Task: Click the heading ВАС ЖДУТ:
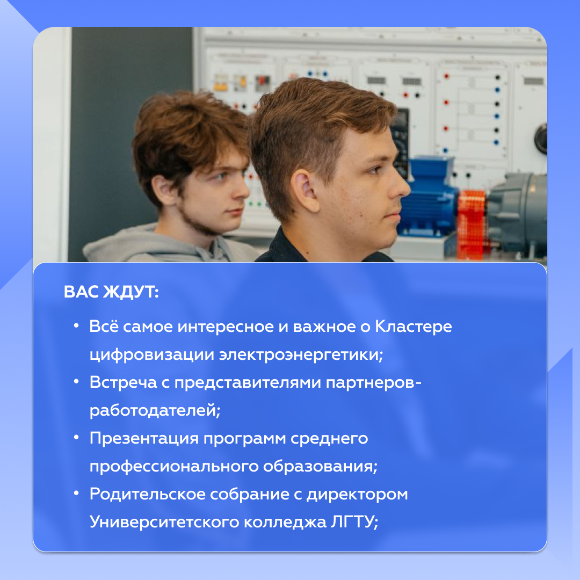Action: (111, 292)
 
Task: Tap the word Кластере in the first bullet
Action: (414, 327)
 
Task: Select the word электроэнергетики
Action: (301, 354)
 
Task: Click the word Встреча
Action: (123, 382)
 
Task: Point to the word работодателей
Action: (155, 410)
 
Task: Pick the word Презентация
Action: (144, 438)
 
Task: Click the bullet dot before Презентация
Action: (77, 438)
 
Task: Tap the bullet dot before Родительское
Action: (77, 494)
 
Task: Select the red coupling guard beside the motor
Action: (472, 224)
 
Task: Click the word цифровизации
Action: (152, 354)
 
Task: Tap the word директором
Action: (357, 494)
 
